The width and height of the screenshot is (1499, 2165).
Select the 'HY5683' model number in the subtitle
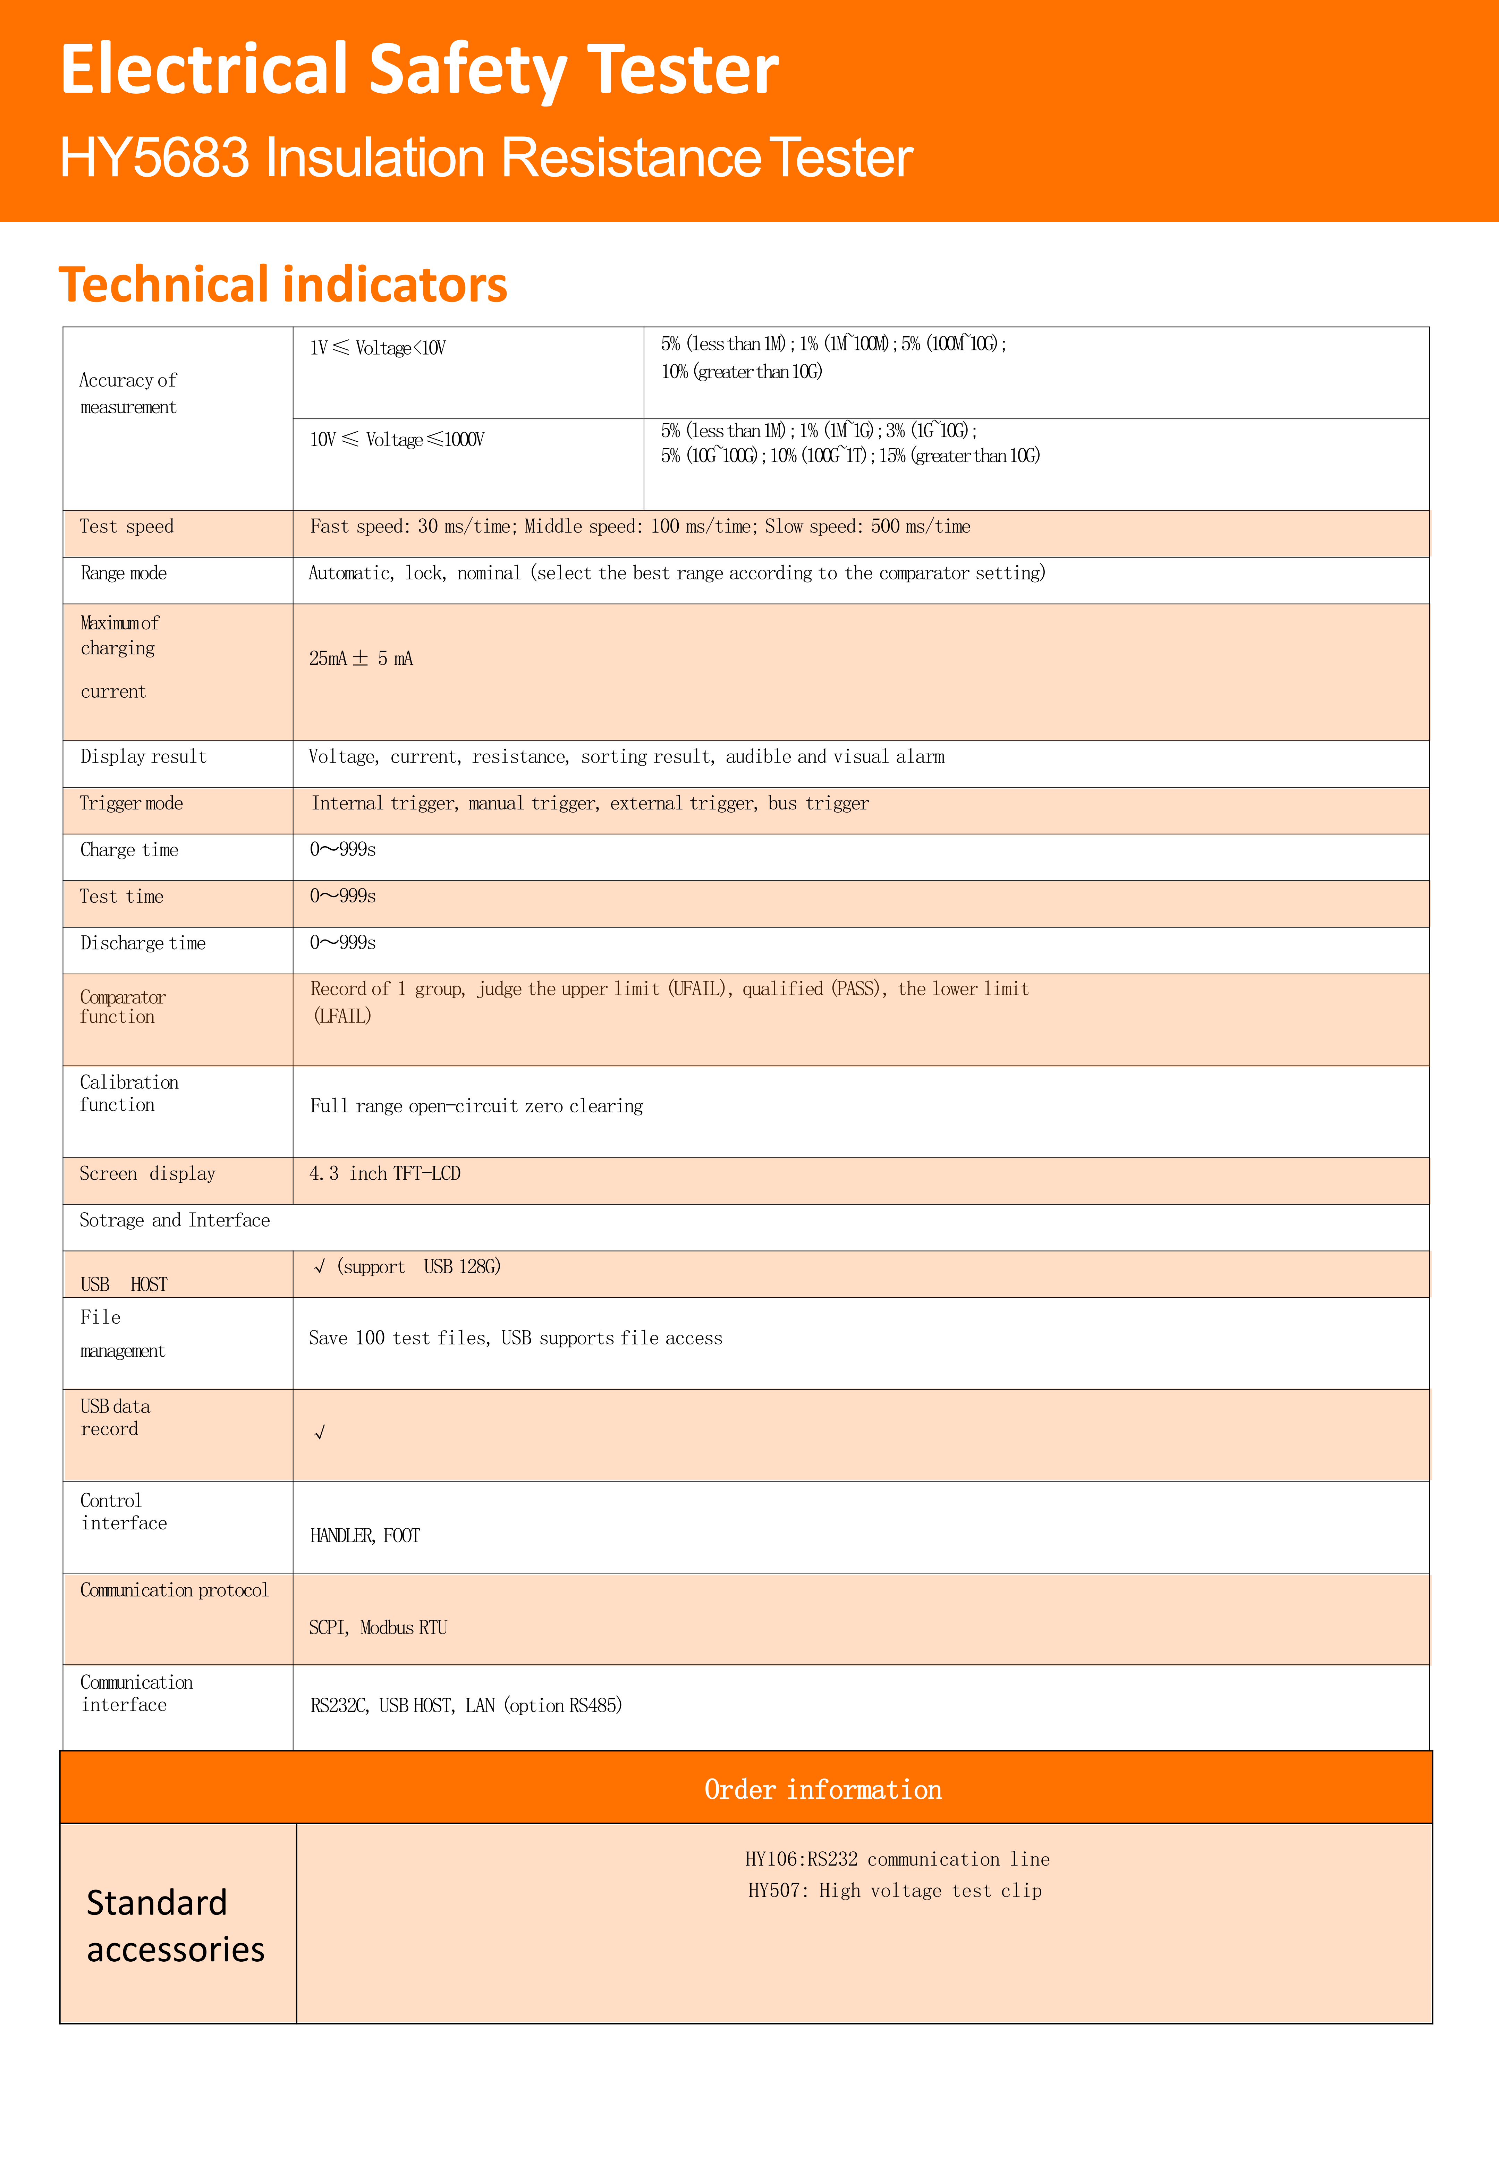[155, 158]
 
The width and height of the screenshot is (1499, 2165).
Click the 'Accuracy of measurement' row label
[128, 393]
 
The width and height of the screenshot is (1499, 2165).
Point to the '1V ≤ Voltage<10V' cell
[378, 348]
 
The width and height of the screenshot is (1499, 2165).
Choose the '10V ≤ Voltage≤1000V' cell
[396, 439]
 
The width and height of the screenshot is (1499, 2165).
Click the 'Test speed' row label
[127, 527]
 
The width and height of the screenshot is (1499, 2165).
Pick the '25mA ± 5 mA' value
[361, 658]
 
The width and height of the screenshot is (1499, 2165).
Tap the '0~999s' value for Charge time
[343, 850]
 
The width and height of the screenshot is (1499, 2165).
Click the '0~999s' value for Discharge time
[343, 943]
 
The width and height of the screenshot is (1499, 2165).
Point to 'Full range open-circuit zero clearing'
[476, 1106]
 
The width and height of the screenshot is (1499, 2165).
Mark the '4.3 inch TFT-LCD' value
[385, 1173]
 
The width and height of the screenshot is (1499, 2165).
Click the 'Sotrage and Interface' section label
[175, 1221]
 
